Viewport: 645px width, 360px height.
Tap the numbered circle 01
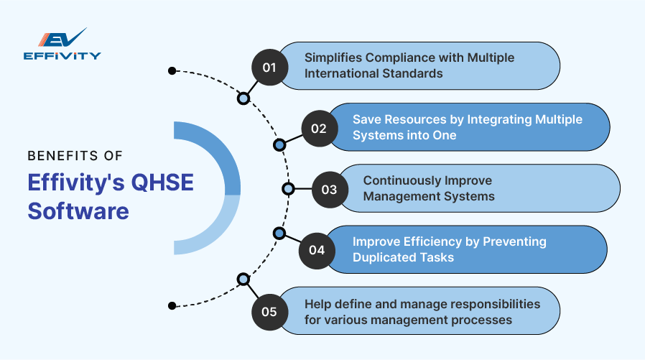(x=269, y=68)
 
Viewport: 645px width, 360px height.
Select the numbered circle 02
(x=319, y=129)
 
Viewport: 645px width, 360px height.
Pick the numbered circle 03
(x=329, y=190)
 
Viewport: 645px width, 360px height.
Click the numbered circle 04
(x=317, y=250)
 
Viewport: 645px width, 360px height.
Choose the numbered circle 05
(x=269, y=311)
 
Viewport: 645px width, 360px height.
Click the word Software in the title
(x=78, y=212)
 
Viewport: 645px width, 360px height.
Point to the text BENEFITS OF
(x=75, y=154)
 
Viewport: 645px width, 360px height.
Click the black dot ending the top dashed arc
(x=172, y=70)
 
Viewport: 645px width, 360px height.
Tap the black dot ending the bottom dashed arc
(x=172, y=305)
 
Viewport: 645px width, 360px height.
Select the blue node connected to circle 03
(x=288, y=189)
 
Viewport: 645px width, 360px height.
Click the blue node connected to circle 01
(x=243, y=98)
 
